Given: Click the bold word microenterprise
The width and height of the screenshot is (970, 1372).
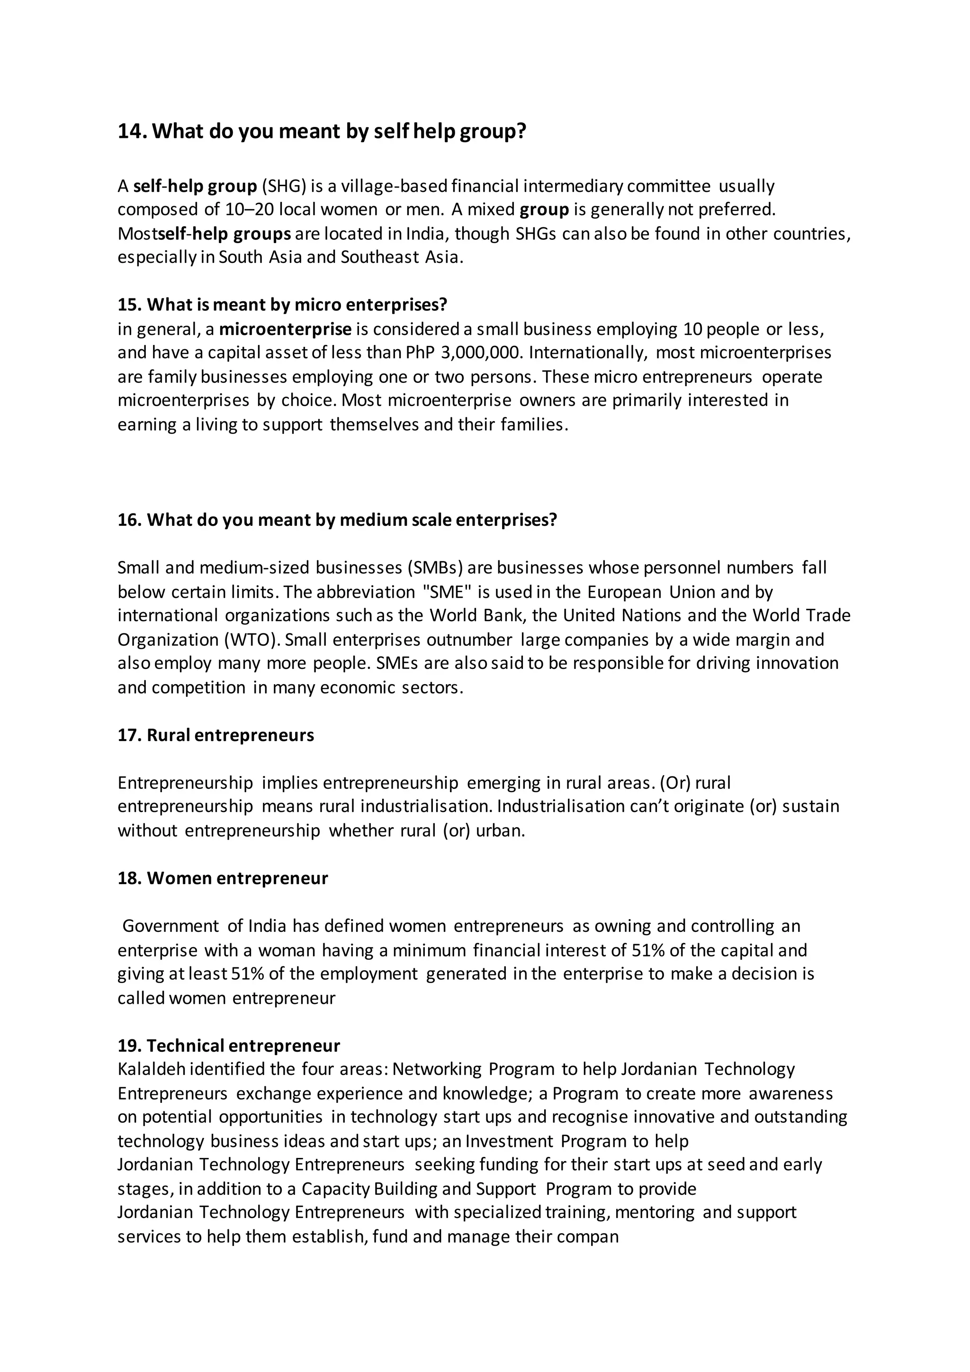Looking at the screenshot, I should (x=286, y=329).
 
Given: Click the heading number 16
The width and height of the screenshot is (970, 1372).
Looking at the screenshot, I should (x=128, y=520).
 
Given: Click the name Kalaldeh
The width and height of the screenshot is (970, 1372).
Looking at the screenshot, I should (x=151, y=1069).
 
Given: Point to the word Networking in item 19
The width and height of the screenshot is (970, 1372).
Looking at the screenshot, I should (x=437, y=1069).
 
